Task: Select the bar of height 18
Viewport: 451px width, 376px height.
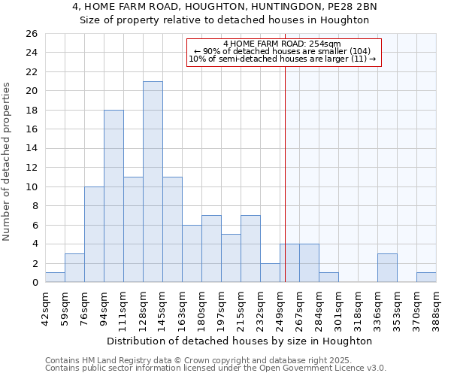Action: (x=114, y=196)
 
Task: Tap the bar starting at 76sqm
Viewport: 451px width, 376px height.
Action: (x=94, y=235)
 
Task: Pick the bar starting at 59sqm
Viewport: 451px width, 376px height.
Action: (x=74, y=268)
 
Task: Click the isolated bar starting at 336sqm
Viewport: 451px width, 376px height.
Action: (x=387, y=268)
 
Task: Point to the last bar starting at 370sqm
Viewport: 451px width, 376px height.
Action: (x=426, y=277)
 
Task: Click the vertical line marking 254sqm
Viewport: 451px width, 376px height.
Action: (x=286, y=173)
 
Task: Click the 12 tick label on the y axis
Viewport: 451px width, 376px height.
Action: (x=32, y=168)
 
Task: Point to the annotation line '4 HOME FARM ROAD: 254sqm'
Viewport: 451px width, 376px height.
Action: (x=282, y=44)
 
